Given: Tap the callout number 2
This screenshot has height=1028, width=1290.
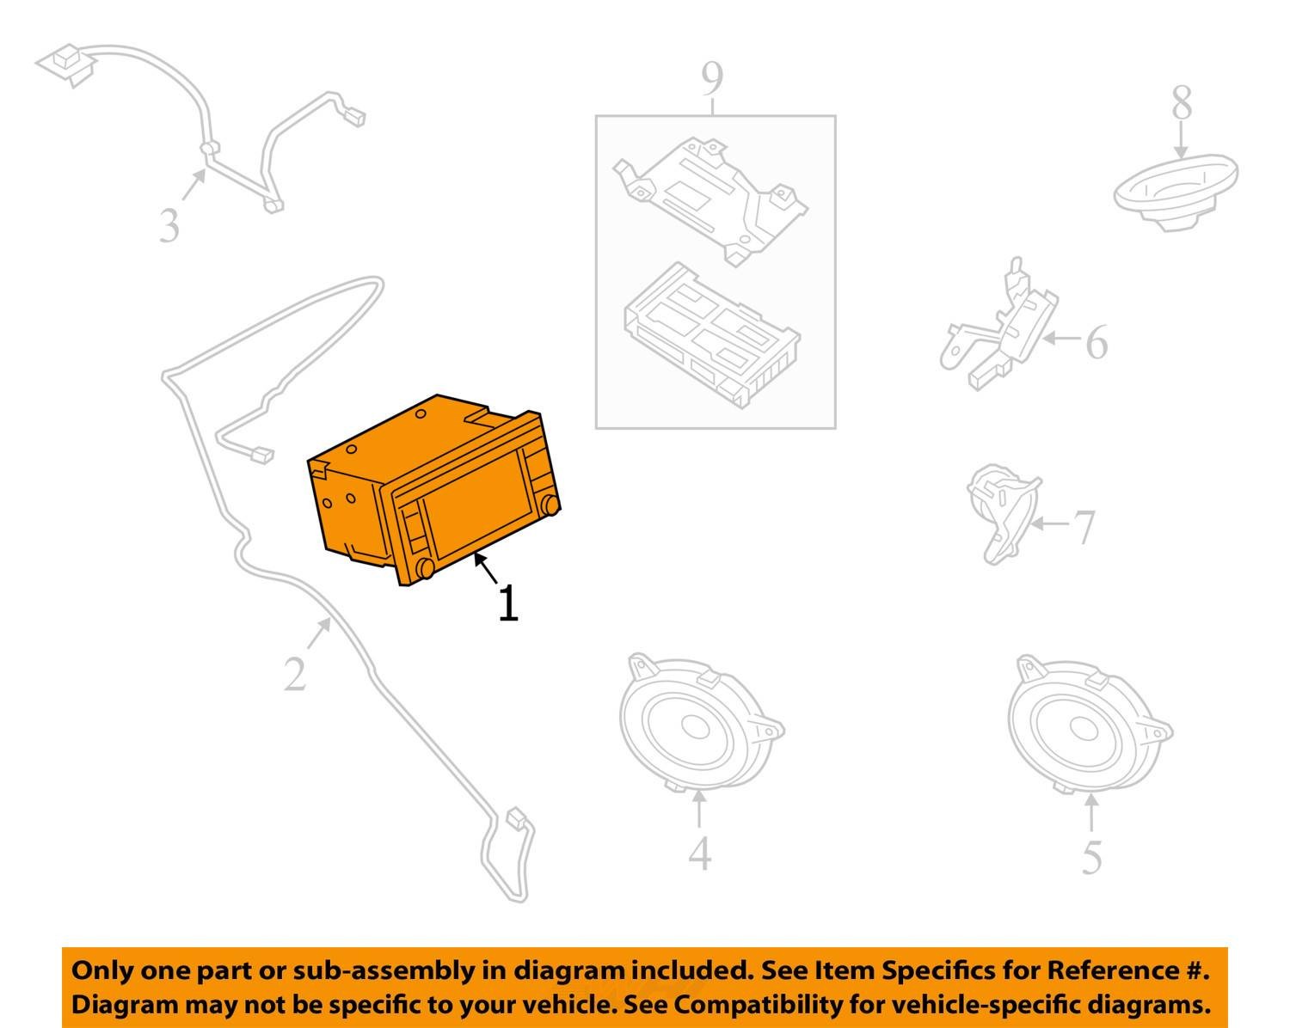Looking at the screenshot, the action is tap(295, 675).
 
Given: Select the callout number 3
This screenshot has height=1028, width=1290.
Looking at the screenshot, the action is tap(169, 226).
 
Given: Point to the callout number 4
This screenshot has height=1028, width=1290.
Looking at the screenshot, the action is tap(699, 853).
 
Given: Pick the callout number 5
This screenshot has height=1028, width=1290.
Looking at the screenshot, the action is tap(1092, 857).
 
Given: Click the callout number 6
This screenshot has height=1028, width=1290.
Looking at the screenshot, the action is tap(1097, 343).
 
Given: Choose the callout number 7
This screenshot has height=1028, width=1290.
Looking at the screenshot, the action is tap(1084, 527).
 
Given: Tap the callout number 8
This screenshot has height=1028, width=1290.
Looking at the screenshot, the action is tap(1182, 103).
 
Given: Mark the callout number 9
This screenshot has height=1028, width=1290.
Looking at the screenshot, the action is tap(712, 80).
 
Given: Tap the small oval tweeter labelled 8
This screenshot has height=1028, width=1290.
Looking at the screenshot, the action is tap(1176, 193).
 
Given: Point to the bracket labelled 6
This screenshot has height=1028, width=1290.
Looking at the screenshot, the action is tap(1000, 327).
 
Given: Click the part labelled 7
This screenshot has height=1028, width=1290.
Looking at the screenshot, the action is tap(1002, 513).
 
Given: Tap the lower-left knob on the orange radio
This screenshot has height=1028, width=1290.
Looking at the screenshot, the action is tap(425, 568).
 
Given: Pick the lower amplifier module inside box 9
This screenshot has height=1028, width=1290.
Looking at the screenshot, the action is tap(712, 335).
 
